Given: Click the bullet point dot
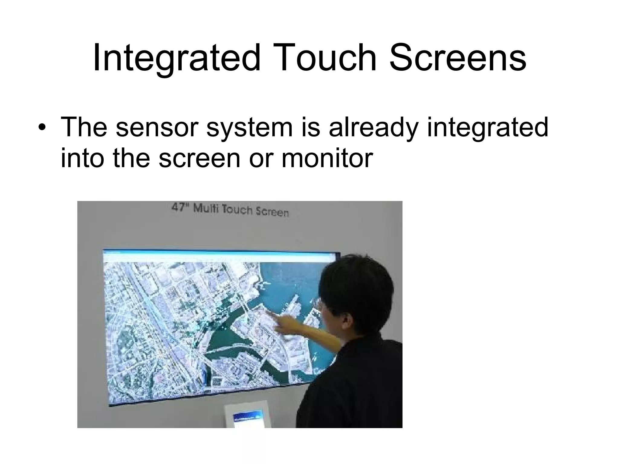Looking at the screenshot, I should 42,127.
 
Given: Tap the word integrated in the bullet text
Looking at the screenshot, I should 487,127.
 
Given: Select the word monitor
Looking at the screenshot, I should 327,158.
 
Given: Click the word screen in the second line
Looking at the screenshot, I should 199,158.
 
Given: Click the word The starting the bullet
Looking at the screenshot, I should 84,127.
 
